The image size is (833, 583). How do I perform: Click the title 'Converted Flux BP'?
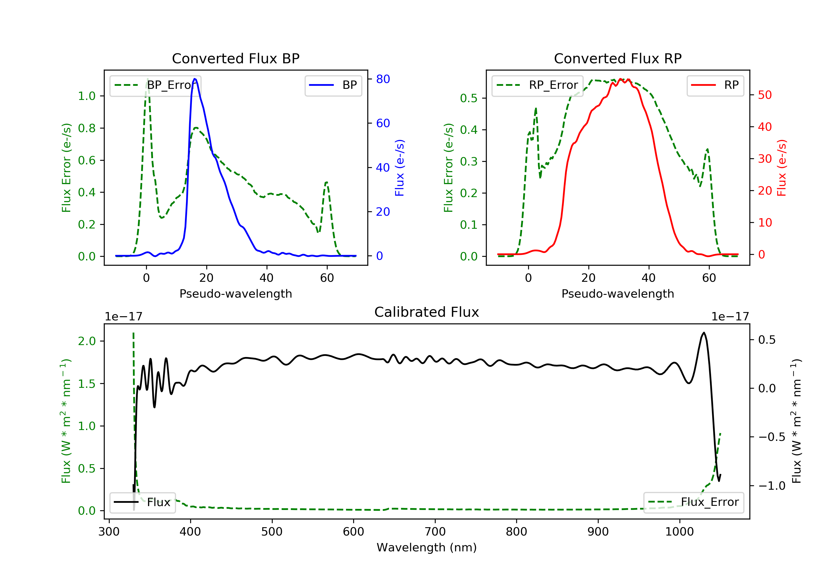235,58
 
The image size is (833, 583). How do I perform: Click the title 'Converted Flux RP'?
618,58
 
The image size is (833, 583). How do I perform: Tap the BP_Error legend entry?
155,85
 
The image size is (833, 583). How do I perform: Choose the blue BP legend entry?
333,85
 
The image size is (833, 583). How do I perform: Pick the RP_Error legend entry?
537,85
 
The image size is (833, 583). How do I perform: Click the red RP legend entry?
715,85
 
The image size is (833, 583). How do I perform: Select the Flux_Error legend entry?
693,502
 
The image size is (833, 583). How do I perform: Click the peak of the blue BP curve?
195,79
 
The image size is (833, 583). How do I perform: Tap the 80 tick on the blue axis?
383,79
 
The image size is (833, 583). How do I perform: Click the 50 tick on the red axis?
765,95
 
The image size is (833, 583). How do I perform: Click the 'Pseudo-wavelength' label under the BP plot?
235,293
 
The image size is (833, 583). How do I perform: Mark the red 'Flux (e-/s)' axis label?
781,168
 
